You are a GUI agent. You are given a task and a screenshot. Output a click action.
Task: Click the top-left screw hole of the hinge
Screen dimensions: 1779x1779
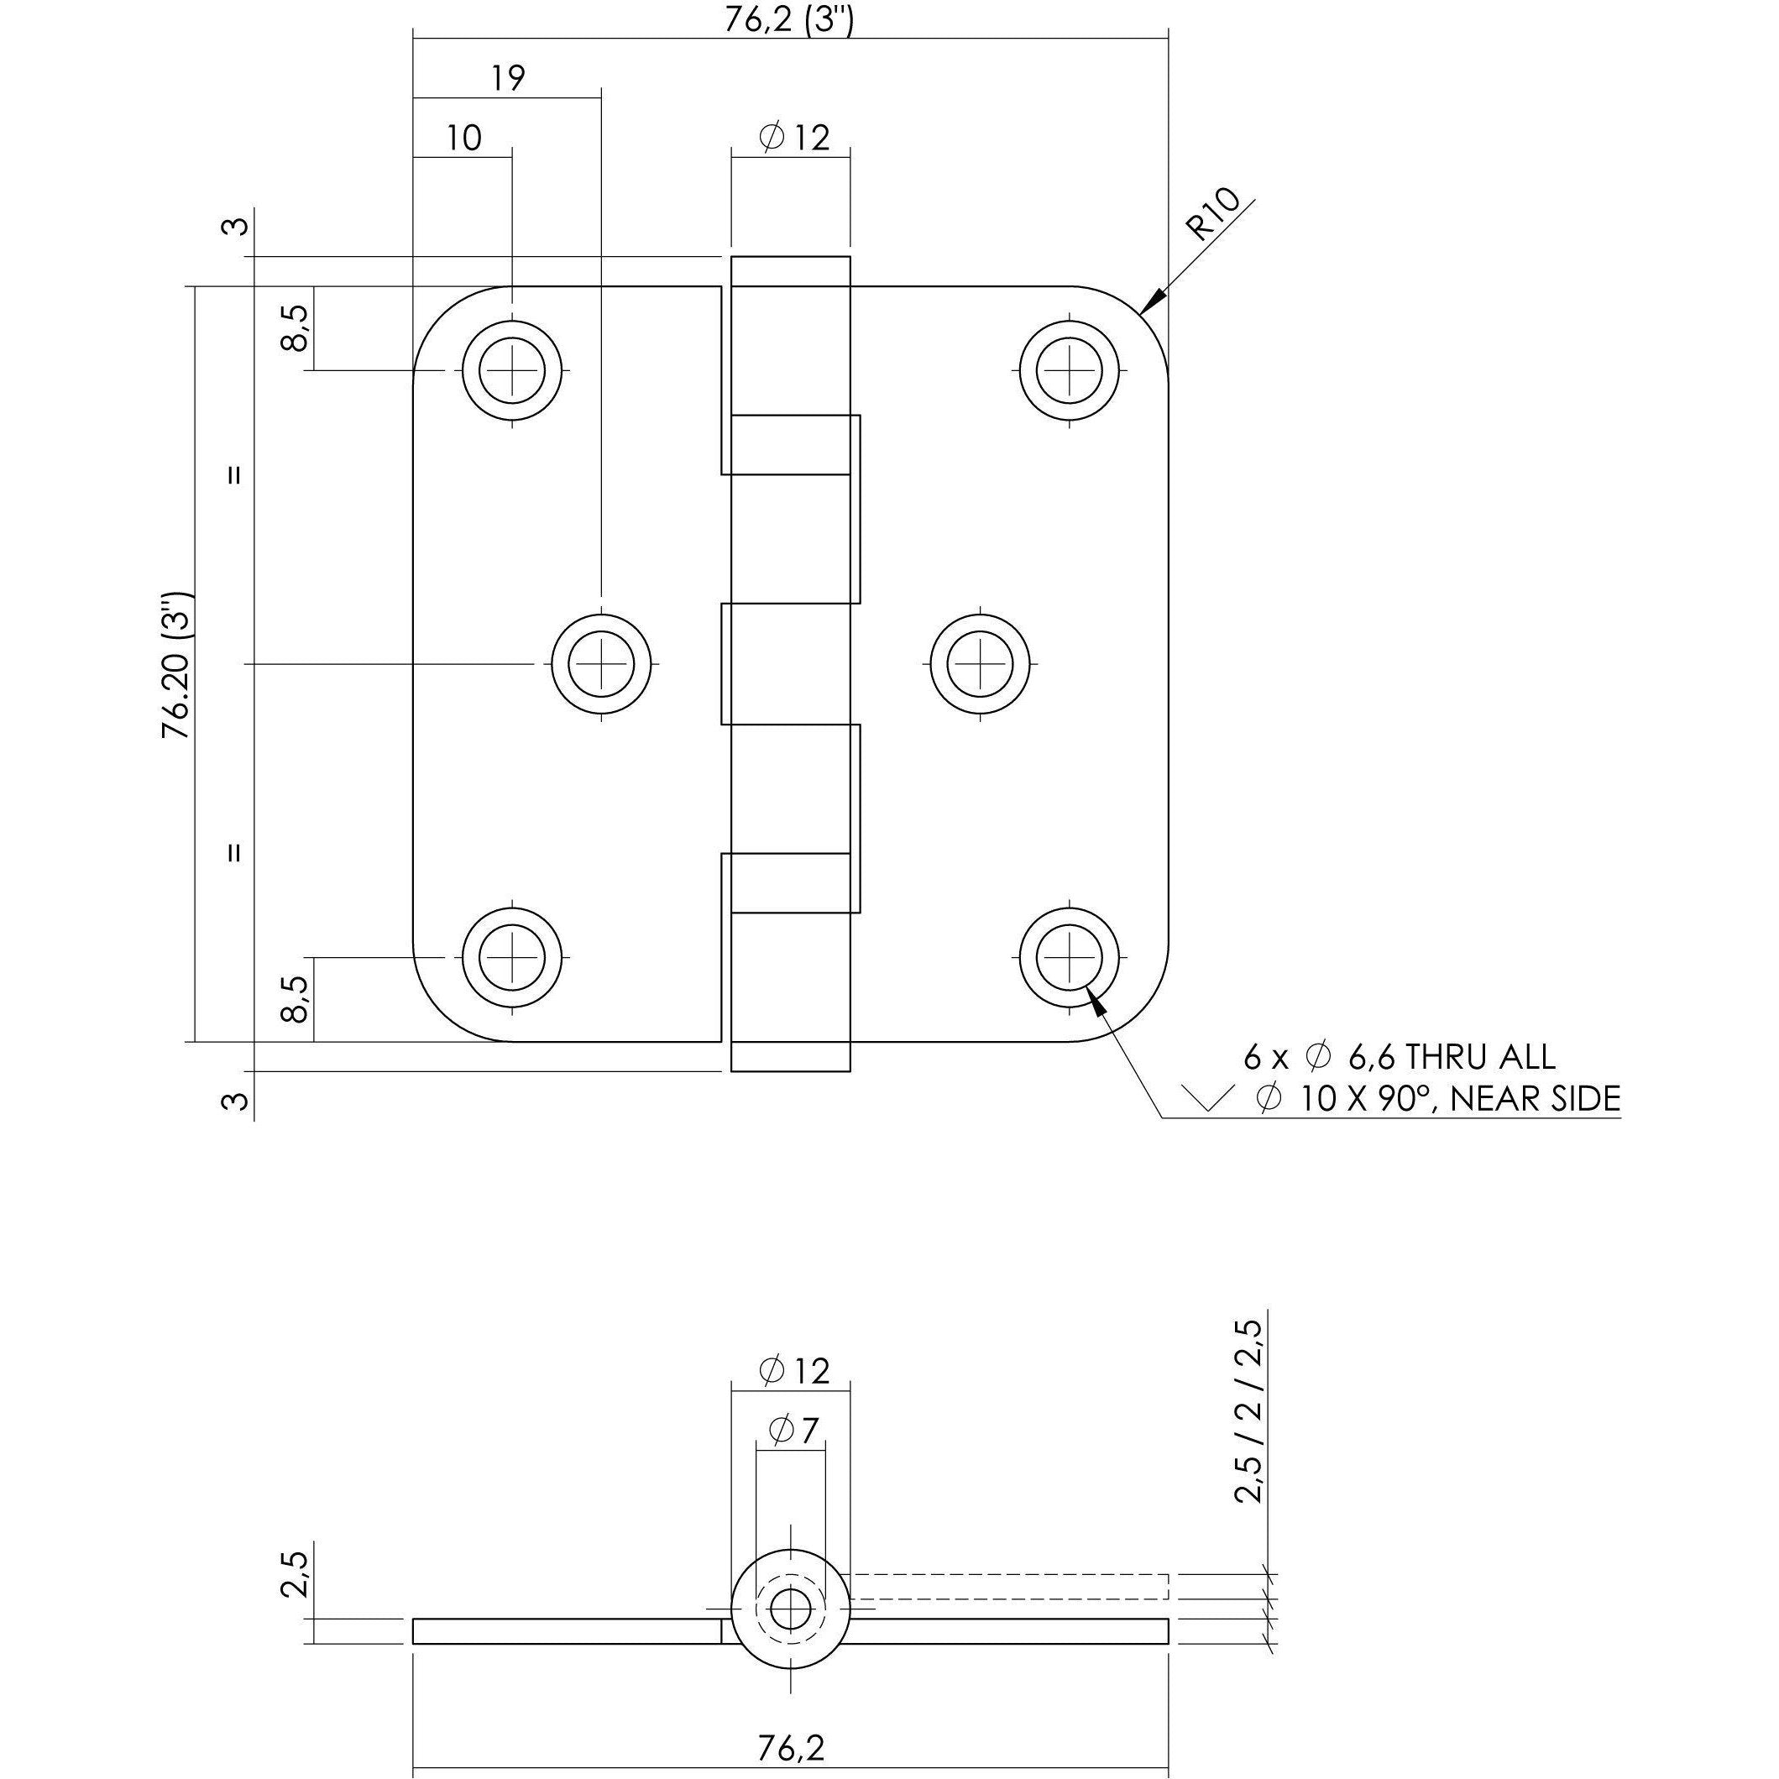[512, 371]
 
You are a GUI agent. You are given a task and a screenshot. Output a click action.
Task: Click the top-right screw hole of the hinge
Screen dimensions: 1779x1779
[1069, 371]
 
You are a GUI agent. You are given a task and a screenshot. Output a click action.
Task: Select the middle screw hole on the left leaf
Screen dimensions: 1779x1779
[601, 663]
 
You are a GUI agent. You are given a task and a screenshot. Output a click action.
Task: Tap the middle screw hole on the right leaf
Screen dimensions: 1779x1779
[981, 663]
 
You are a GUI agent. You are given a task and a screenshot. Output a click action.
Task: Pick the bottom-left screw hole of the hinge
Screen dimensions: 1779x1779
[512, 957]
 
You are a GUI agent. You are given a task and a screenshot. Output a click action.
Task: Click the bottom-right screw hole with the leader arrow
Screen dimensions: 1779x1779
[1069, 957]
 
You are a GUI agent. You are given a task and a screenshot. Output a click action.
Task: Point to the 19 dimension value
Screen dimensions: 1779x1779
[507, 79]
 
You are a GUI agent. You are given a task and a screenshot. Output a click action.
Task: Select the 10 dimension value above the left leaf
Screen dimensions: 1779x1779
[464, 139]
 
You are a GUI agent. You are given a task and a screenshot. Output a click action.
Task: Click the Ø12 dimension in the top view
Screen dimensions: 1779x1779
[793, 139]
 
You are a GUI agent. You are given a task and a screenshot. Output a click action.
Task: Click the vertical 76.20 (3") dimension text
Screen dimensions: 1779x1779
[177, 664]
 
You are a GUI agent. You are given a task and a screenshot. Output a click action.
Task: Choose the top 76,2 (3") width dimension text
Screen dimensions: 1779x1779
[788, 20]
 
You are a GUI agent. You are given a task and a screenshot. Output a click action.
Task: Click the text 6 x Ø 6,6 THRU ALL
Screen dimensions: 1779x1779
[1399, 1057]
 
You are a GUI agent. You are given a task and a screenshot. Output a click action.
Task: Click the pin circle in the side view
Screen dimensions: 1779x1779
[789, 1609]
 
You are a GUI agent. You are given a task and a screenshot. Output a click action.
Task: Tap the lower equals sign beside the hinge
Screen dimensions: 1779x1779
[235, 853]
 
